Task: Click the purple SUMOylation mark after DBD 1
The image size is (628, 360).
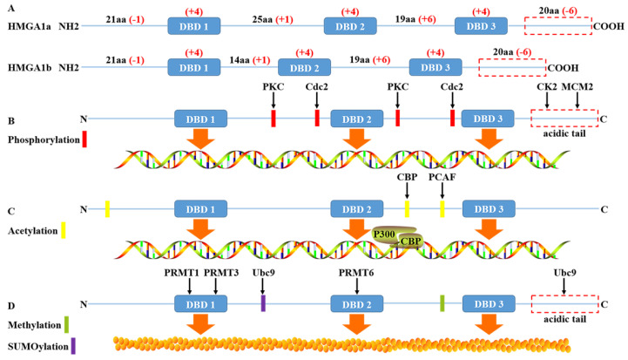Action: point(263,303)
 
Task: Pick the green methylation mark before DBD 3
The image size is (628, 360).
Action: point(442,303)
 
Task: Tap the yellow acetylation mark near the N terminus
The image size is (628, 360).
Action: point(106,208)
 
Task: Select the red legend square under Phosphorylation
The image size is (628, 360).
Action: point(84,138)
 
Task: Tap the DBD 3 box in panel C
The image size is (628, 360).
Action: point(489,208)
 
